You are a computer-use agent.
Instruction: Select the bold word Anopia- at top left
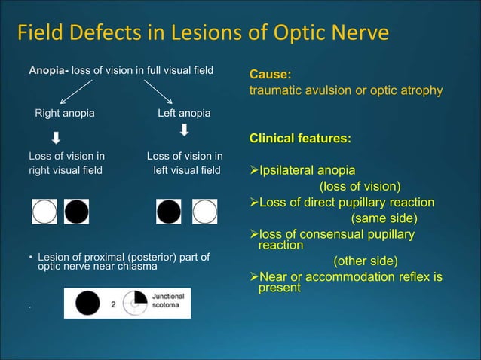click(x=49, y=71)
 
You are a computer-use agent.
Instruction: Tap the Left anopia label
click(x=184, y=114)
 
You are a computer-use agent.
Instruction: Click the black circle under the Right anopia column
click(x=76, y=212)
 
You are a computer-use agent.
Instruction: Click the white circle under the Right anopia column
click(x=44, y=212)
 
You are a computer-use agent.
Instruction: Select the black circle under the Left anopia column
click(x=169, y=212)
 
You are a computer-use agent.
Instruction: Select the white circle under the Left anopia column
click(x=204, y=212)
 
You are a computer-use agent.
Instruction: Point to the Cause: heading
click(x=270, y=75)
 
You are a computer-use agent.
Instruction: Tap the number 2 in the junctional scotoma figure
click(x=113, y=304)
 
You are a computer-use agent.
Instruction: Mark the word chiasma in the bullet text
click(x=137, y=267)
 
